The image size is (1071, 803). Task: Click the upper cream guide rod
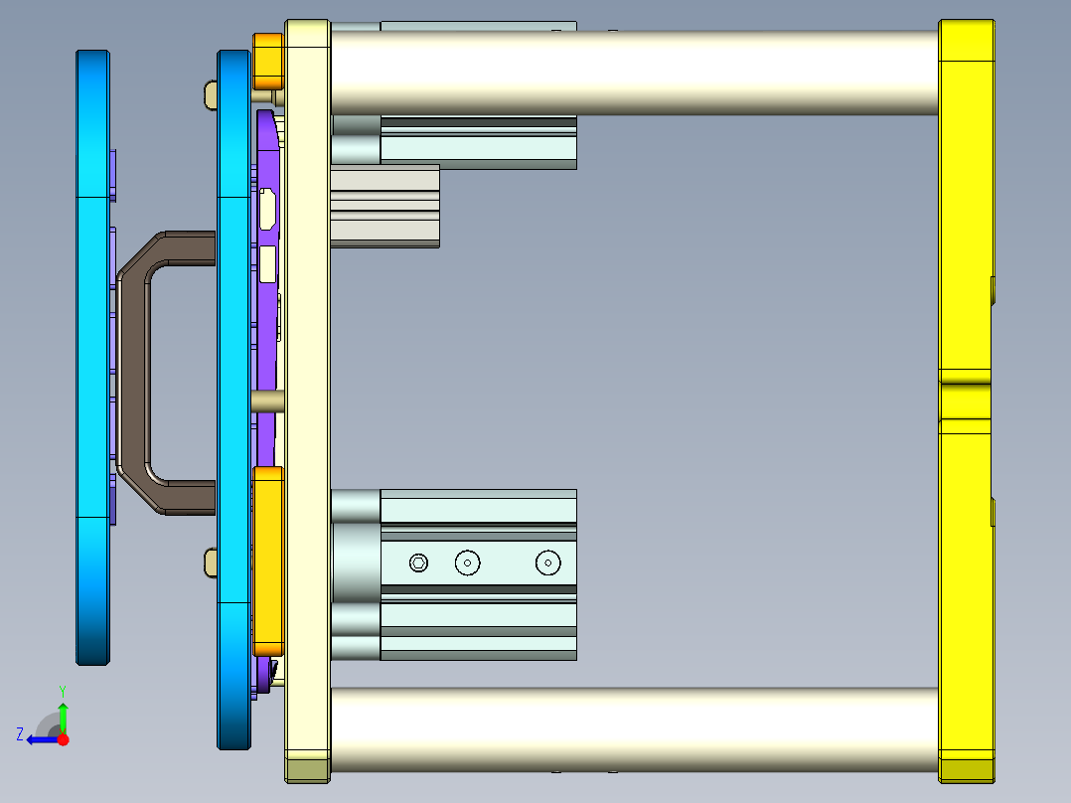pyautogui.click(x=636, y=72)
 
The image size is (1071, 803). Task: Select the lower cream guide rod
pyautogui.click(x=636, y=728)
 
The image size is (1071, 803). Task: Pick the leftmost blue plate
pyautogui.click(x=92, y=358)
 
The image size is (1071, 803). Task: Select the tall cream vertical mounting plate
pyautogui.click(x=307, y=398)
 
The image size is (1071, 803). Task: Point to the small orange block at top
pyautogui.click(x=268, y=61)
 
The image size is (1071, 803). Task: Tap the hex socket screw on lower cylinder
pyautogui.click(x=418, y=563)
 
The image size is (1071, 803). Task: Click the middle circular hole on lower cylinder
pyautogui.click(x=467, y=563)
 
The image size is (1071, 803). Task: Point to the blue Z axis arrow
pyautogui.click(x=40, y=739)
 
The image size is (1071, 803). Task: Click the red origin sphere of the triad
pyautogui.click(x=64, y=739)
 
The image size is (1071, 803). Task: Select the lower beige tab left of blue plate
pyautogui.click(x=210, y=562)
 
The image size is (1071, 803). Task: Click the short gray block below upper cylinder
pyautogui.click(x=384, y=206)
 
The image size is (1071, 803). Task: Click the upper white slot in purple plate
pyautogui.click(x=267, y=209)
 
